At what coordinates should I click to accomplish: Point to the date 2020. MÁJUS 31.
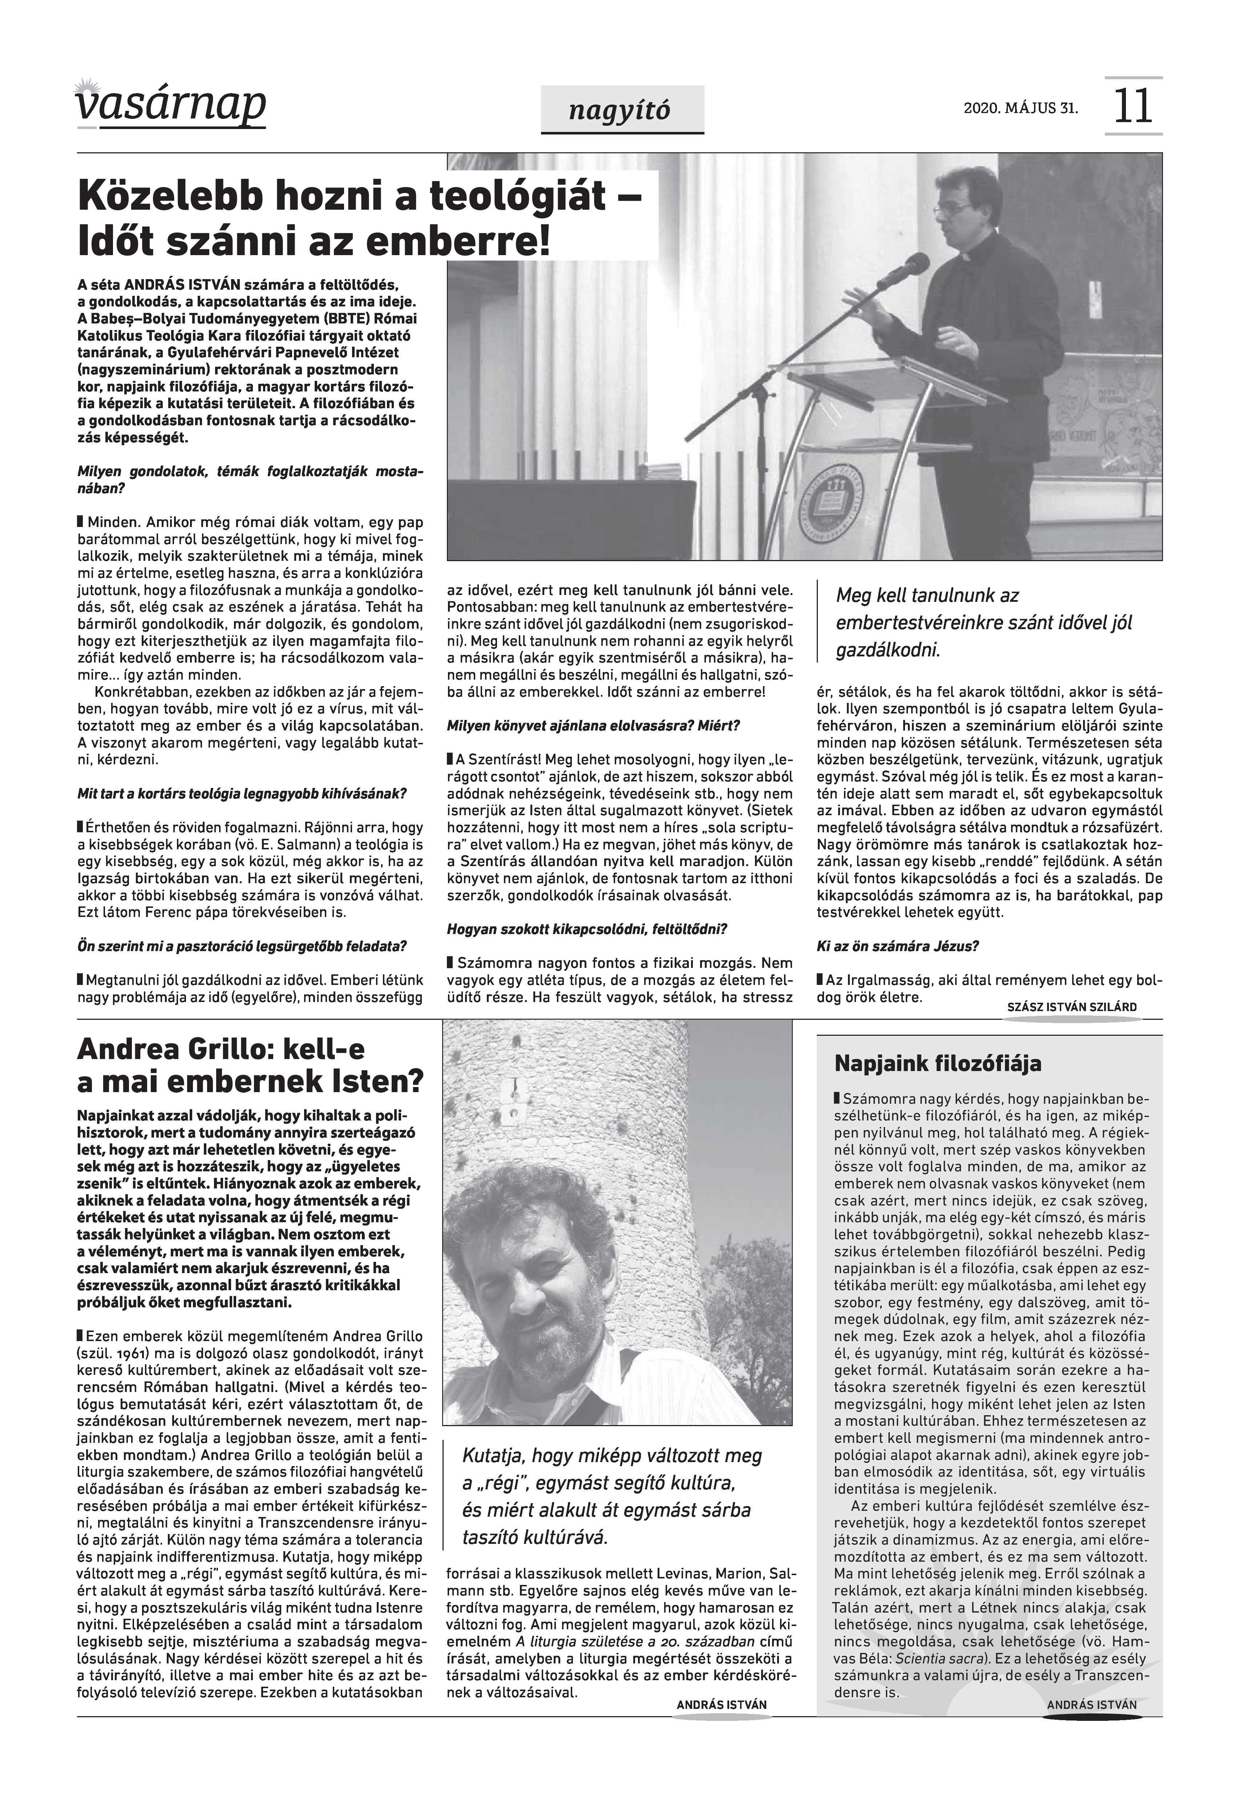coord(1020,108)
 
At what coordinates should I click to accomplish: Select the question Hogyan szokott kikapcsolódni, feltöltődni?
coord(587,929)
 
